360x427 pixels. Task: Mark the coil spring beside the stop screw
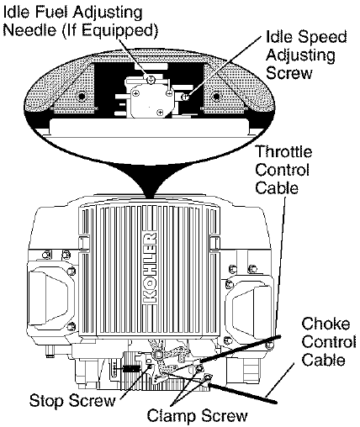click(132, 366)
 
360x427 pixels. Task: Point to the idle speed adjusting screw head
click(184, 98)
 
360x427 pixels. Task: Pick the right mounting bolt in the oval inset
click(218, 87)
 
